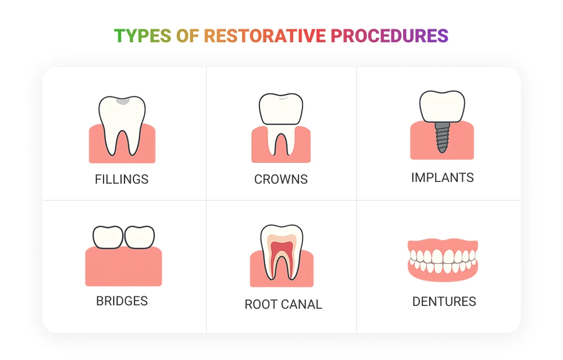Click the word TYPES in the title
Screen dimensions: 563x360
(142, 36)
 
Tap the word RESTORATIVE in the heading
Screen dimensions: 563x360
(265, 36)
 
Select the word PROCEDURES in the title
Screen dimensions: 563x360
(390, 36)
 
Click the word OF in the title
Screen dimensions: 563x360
(187, 36)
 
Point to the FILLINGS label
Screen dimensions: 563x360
(122, 179)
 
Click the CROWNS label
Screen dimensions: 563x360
(281, 179)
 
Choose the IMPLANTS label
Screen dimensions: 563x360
(443, 177)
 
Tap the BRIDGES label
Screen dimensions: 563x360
(122, 301)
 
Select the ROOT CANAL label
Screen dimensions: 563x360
(283, 304)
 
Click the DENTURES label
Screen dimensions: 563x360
(444, 301)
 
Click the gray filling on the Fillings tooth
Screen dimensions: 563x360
(122, 101)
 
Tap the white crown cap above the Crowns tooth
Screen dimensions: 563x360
(281, 109)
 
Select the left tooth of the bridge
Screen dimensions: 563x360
(108, 237)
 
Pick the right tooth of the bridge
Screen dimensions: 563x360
(139, 237)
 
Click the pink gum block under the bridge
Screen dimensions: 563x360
(123, 268)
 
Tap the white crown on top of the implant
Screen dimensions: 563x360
(443, 106)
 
